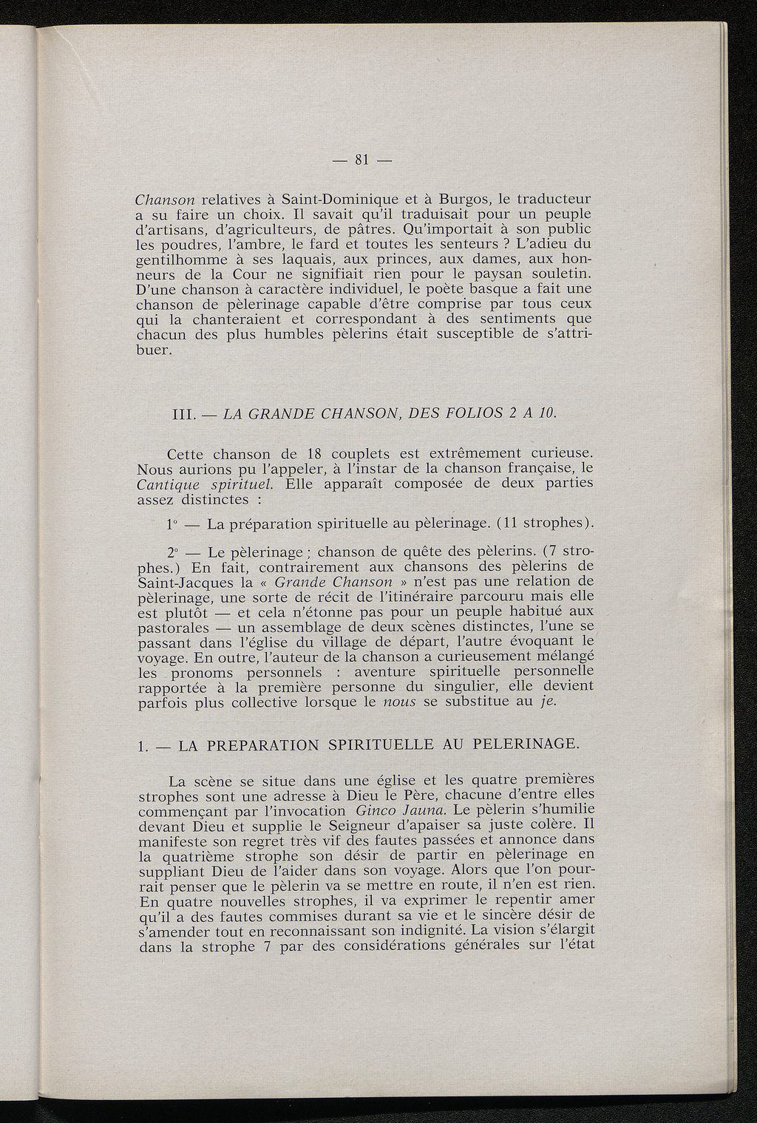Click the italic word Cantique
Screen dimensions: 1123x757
(x=165, y=484)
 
